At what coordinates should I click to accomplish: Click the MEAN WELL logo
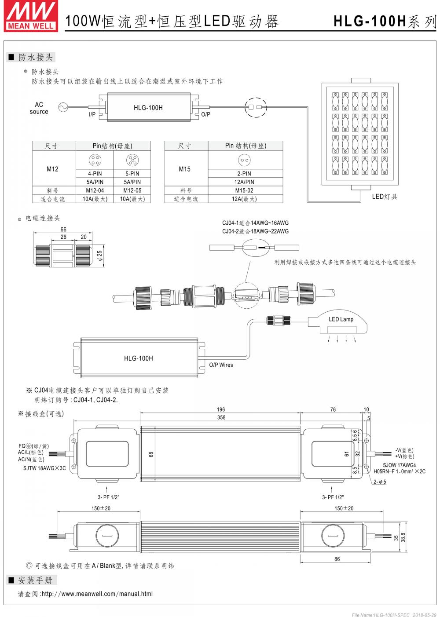(x=30, y=15)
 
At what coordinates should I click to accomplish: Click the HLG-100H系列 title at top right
(x=385, y=21)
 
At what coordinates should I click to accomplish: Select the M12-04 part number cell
(x=95, y=190)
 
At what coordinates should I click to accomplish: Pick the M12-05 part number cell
(x=132, y=190)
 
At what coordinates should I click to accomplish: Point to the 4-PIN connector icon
(x=95, y=160)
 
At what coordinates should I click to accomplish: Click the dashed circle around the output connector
(x=255, y=107)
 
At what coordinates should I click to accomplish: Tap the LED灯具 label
(x=384, y=197)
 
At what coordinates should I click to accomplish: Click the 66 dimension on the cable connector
(x=63, y=230)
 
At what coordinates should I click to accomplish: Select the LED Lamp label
(x=341, y=319)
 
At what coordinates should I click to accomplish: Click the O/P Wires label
(x=221, y=365)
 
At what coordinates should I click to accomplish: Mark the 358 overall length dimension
(x=221, y=417)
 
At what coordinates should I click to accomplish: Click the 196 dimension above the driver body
(x=221, y=409)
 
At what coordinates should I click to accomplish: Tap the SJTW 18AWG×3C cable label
(x=44, y=468)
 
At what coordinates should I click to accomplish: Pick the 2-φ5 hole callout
(x=380, y=482)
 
